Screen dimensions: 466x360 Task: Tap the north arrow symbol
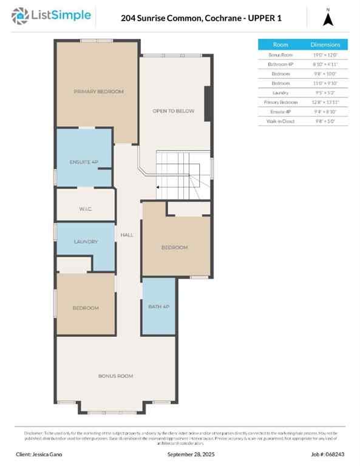tap(328, 19)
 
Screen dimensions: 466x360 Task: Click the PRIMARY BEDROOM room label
tap(98, 92)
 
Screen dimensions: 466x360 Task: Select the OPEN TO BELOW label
tap(173, 111)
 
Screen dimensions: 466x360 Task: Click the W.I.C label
tap(85, 209)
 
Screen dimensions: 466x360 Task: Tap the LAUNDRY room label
tap(86, 241)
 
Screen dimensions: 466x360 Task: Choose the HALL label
tap(127, 235)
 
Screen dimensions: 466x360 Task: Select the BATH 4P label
tap(158, 306)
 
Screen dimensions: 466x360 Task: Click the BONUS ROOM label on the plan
tap(115, 376)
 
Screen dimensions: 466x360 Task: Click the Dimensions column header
tap(330, 44)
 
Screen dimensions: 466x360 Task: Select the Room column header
tap(280, 44)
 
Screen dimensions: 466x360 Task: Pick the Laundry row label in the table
tap(280, 93)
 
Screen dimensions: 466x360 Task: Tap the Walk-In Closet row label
tap(280, 121)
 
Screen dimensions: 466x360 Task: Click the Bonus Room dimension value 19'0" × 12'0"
tap(330, 55)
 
